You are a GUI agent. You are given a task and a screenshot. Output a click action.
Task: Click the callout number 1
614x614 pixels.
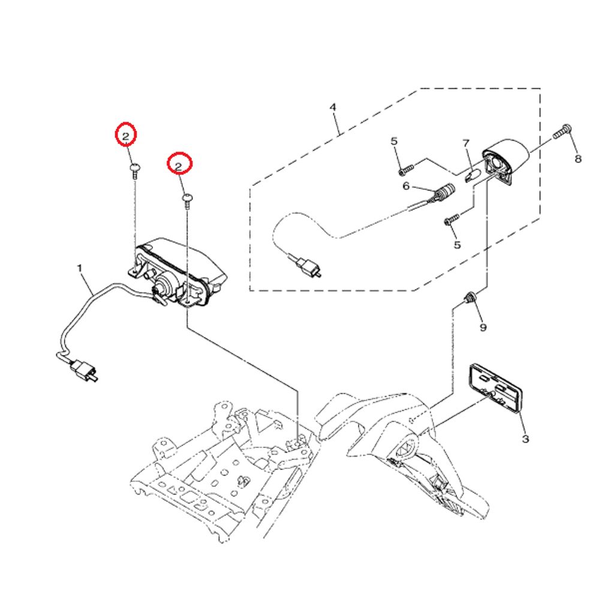(x=80, y=269)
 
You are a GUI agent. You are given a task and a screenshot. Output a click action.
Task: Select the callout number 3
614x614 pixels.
(x=525, y=439)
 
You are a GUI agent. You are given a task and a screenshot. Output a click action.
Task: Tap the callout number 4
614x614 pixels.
(x=333, y=107)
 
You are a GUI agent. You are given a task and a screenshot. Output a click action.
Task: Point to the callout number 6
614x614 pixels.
(x=406, y=186)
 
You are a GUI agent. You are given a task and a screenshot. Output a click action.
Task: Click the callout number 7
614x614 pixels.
(x=466, y=143)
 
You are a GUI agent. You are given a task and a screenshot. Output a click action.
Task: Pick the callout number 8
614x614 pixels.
(x=578, y=158)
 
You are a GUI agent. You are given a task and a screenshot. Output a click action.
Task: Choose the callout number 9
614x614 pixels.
(x=483, y=327)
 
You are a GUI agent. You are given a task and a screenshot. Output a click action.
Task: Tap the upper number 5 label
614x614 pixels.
(x=394, y=141)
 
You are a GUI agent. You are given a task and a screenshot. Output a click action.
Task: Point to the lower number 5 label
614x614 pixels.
(x=457, y=245)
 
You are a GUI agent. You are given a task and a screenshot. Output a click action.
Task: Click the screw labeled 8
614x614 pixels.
(x=562, y=132)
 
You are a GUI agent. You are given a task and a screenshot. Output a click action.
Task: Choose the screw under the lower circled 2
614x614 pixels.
(x=188, y=201)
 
